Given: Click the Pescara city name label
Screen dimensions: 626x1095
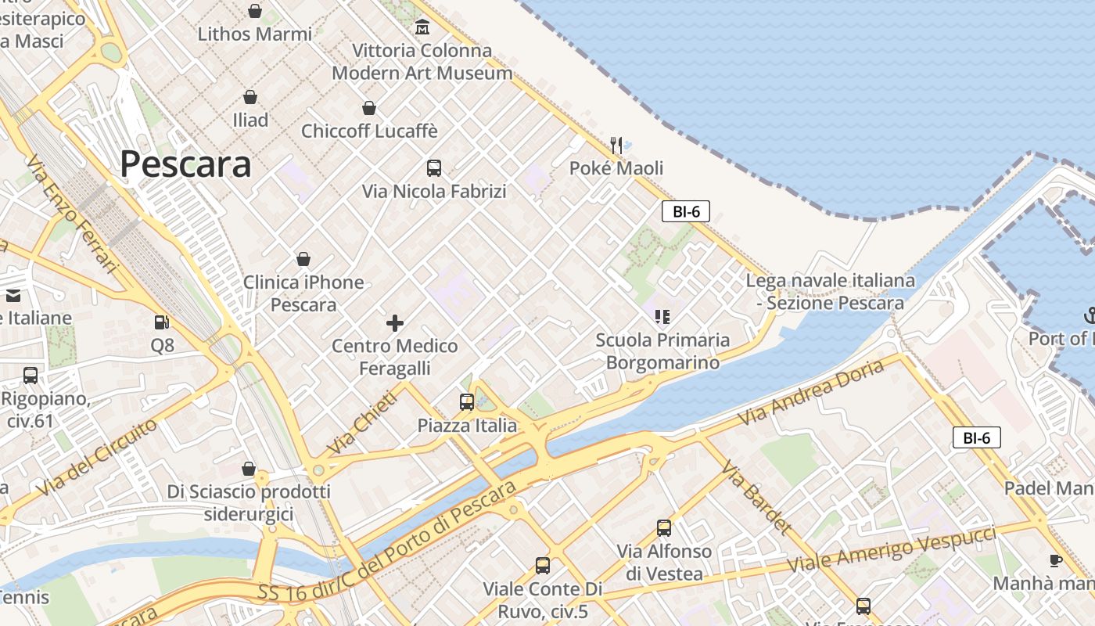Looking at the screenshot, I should point(185,164).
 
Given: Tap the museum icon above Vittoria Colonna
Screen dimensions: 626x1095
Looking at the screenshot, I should point(422,27).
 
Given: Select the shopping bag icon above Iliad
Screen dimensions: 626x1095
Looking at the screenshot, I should point(250,97).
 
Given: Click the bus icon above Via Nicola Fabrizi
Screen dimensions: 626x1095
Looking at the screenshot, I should point(434,167).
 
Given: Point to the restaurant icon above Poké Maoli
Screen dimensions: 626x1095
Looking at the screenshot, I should point(616,145).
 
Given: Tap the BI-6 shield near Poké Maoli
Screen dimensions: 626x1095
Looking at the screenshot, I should point(685,211).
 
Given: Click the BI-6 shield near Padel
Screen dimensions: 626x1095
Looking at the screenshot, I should point(976,438).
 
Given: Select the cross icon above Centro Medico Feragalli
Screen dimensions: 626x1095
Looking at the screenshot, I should point(395,322).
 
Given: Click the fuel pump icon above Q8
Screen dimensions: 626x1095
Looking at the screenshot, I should point(162,322).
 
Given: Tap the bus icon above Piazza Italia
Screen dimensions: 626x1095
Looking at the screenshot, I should point(467,402).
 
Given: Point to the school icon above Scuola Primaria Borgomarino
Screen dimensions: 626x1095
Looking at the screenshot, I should point(662,317).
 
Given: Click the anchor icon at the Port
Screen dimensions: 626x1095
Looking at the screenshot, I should point(1090,315).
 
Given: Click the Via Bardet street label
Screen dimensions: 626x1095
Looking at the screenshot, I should point(756,498).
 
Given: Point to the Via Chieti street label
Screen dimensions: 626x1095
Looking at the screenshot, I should point(363,423).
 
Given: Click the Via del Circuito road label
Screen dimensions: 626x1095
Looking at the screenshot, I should point(97,457).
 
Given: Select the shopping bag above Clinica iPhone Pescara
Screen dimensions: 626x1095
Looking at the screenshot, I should point(303,259).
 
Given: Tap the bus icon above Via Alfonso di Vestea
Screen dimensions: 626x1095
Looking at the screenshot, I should point(664,528).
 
